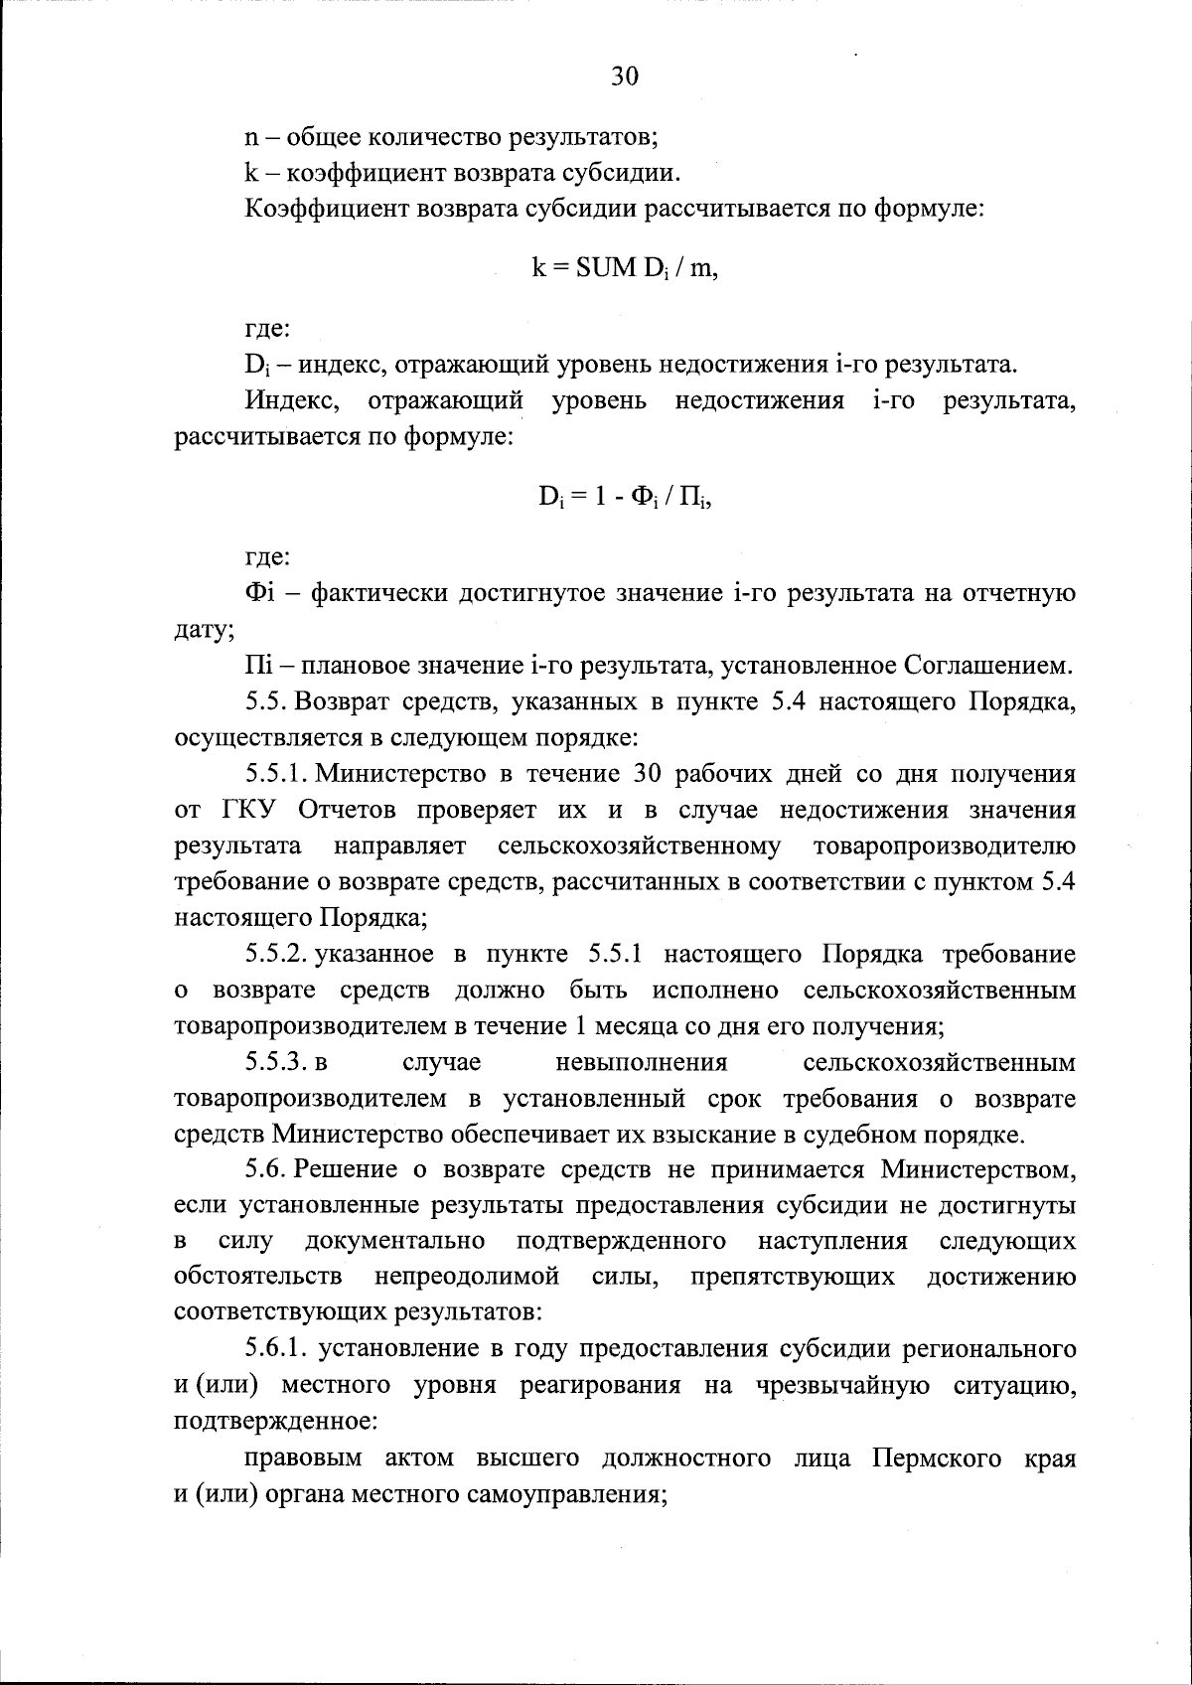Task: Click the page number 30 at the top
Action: tap(625, 77)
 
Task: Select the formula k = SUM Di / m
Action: tap(625, 269)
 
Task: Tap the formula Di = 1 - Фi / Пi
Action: tap(626, 497)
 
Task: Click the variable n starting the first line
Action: tap(251, 136)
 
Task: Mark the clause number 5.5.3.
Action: tap(275, 1063)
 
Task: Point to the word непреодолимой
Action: tap(467, 1278)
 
